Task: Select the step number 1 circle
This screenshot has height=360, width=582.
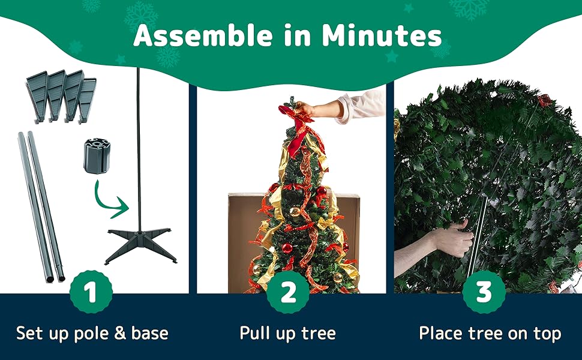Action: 91,292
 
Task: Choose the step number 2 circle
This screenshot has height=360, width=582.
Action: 289,292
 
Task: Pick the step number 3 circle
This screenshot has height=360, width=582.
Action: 484,292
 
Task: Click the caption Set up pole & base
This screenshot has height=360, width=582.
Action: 92,333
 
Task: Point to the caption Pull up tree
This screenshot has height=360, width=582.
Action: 287,333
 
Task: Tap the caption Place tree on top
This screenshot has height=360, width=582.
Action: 490,333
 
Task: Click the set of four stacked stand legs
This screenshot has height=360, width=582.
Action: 61,96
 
